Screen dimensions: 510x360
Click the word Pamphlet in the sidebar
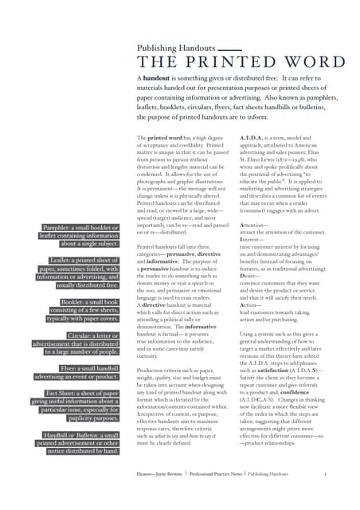(61, 228)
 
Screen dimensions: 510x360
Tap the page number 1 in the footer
(326, 473)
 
